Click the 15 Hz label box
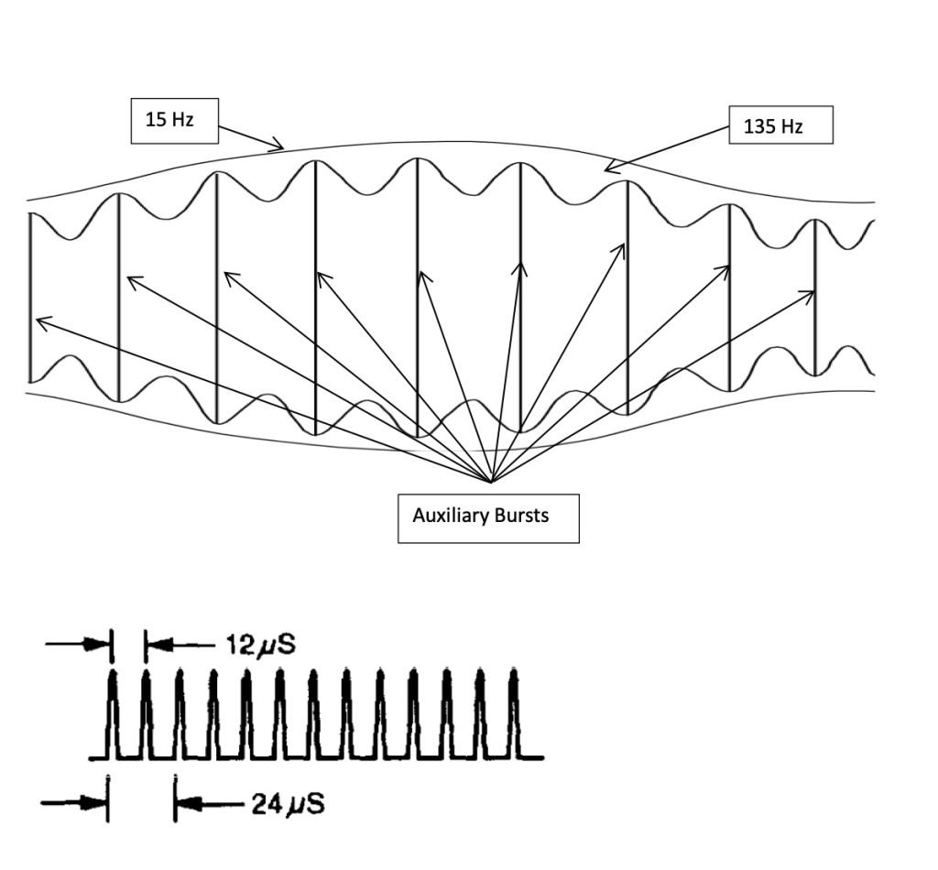click(174, 120)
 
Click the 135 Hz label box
click(780, 126)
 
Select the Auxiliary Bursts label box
click(487, 516)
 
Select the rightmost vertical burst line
click(815, 298)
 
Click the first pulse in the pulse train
click(113, 714)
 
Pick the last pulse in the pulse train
click(514, 714)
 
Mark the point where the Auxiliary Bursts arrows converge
click(492, 482)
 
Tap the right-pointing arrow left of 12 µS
click(78, 645)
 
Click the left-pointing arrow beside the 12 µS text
click(179, 645)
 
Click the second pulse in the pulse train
click(146, 714)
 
